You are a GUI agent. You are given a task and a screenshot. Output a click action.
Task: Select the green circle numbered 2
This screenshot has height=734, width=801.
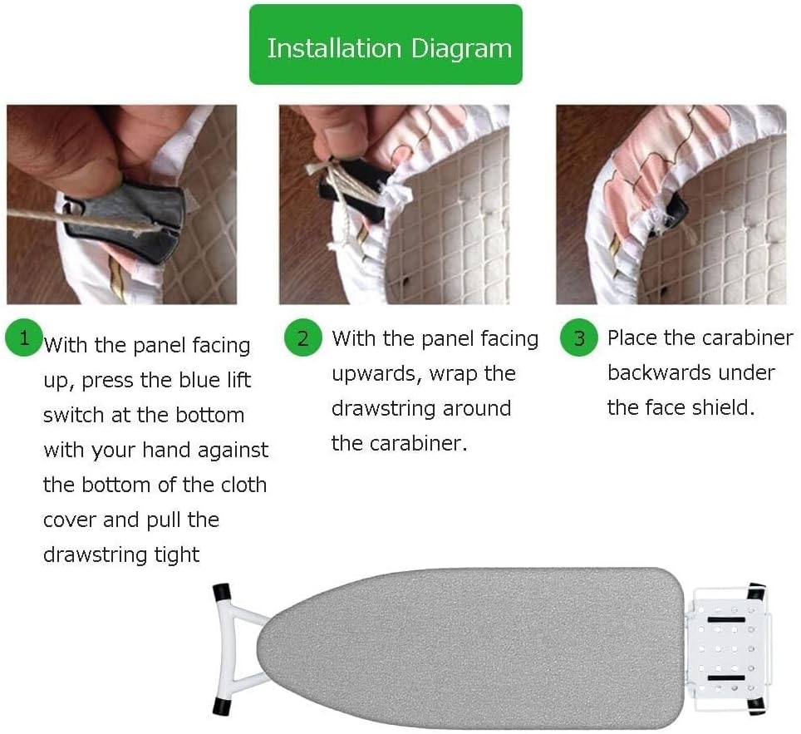point(302,338)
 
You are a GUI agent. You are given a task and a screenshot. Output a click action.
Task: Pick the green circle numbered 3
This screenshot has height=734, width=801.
point(579,338)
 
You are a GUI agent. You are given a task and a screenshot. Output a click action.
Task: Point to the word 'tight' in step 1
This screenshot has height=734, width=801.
point(178,554)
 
